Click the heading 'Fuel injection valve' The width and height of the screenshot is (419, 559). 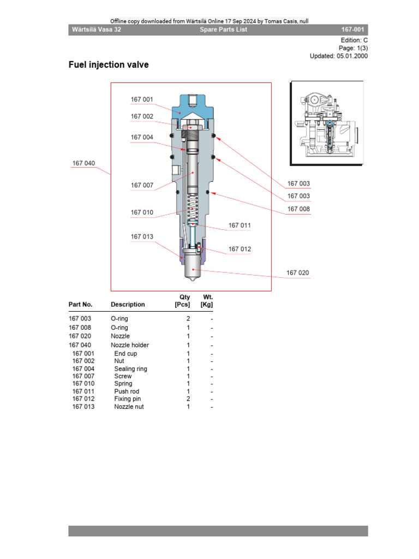[x=108, y=65]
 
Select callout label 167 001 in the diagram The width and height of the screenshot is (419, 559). [x=142, y=99]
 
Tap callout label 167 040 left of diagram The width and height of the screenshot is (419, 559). [x=83, y=163]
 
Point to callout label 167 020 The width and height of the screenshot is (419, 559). [x=298, y=272]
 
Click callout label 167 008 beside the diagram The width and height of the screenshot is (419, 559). [x=298, y=209]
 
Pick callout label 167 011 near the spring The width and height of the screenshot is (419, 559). [x=240, y=225]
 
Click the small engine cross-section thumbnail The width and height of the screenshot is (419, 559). [x=327, y=123]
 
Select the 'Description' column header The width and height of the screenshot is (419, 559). [x=128, y=305]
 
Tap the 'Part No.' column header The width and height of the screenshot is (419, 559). [x=80, y=305]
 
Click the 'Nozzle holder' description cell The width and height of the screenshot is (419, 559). [x=130, y=345]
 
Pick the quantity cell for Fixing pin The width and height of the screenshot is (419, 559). [x=188, y=399]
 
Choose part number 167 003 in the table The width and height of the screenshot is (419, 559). [x=80, y=318]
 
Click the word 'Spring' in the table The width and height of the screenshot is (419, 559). [x=123, y=384]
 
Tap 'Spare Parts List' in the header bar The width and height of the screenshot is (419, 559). [x=223, y=29]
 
